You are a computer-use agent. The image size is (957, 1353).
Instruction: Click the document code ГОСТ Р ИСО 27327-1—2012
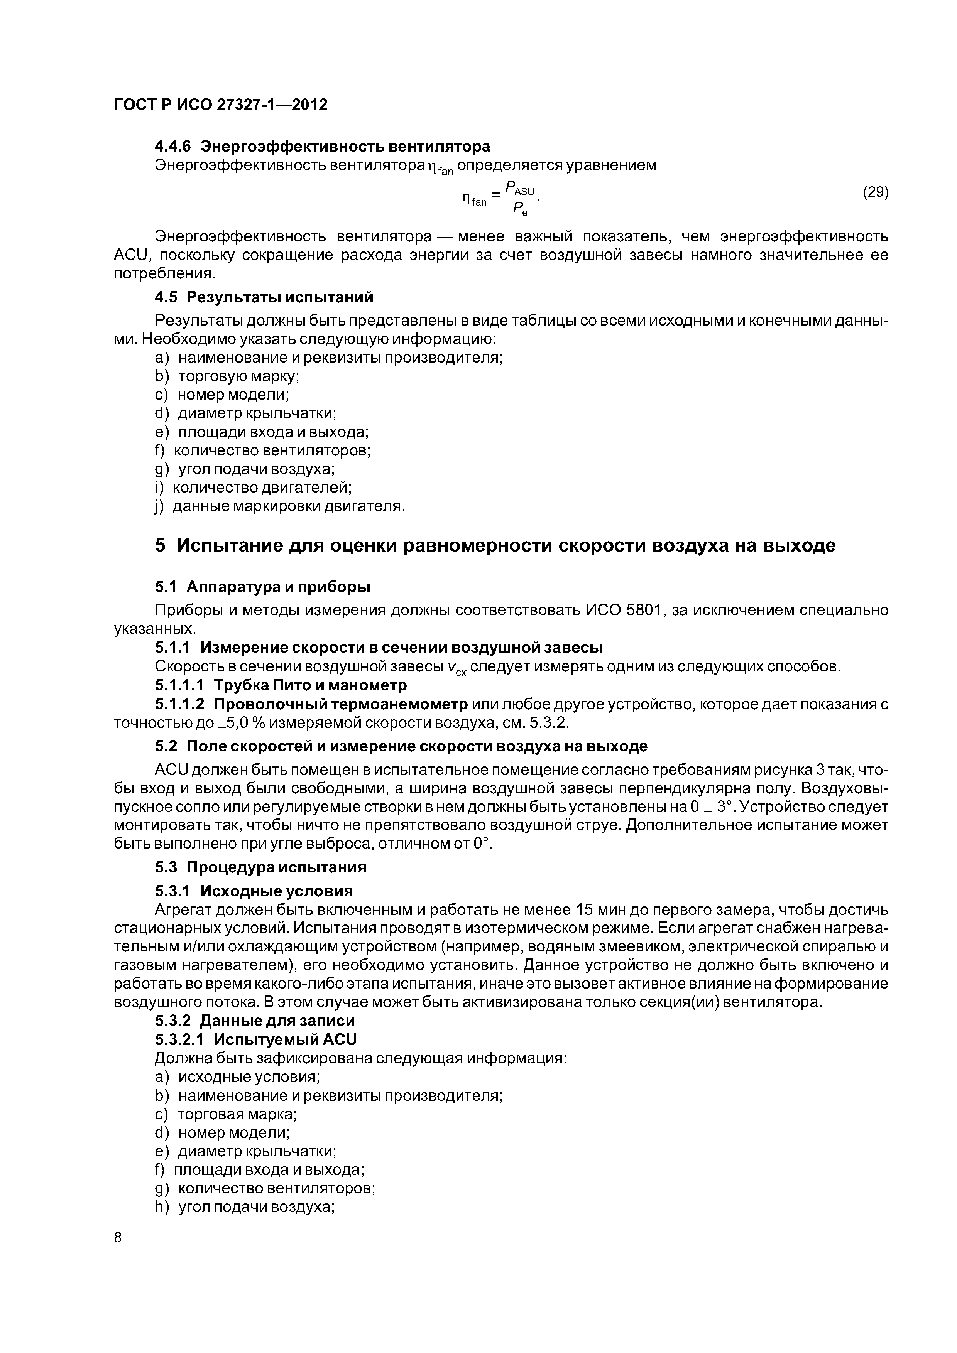click(220, 105)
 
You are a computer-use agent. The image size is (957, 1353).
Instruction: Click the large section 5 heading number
click(161, 545)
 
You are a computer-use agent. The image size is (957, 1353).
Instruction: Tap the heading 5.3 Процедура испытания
click(260, 867)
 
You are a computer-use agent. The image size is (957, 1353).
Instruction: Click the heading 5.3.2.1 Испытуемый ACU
click(255, 1039)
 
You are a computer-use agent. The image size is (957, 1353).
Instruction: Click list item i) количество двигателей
click(254, 488)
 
